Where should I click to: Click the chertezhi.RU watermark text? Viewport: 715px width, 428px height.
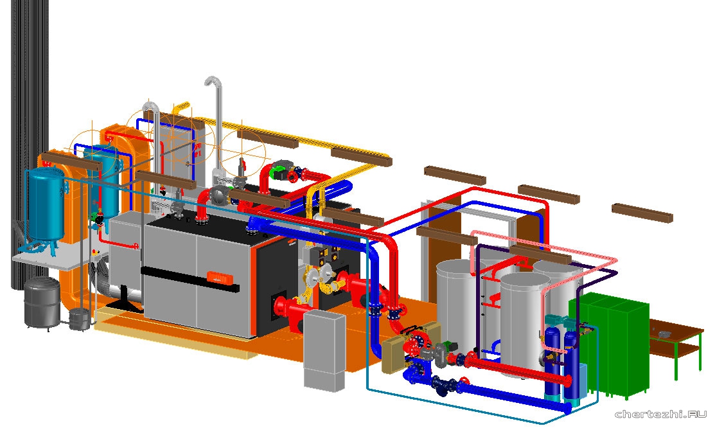coord(661,415)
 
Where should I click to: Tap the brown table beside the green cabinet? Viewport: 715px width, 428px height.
coord(676,341)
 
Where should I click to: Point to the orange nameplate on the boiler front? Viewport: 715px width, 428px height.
coord(220,277)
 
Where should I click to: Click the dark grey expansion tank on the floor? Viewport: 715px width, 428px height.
coord(42,303)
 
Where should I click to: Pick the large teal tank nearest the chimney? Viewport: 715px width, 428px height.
coord(46,203)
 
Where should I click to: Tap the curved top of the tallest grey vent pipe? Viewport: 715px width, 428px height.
coord(213,82)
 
